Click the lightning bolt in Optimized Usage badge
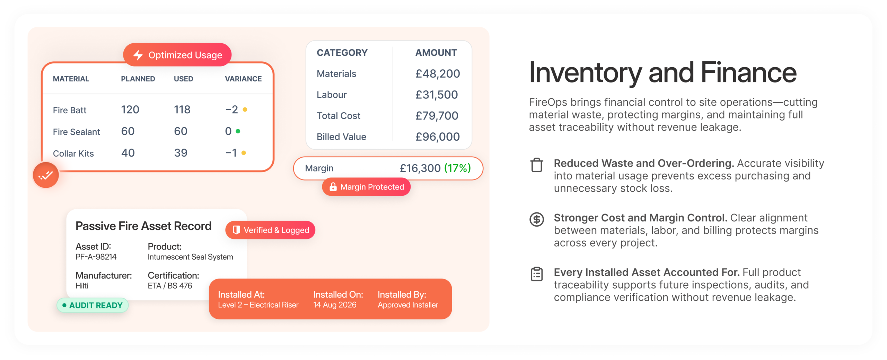coord(138,55)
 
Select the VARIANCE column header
coord(243,79)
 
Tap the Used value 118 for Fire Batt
coord(182,109)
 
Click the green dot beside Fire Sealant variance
coord(238,131)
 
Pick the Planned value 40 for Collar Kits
coord(128,153)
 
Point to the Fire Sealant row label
coord(76,132)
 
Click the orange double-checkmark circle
coord(46,175)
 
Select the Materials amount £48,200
coord(438,74)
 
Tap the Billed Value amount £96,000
coord(438,137)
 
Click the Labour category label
coord(332,95)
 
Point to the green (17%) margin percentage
coord(457,168)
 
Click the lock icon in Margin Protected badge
coord(333,187)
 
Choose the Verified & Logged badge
coord(270,230)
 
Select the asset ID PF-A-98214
coord(96,257)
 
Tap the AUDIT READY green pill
coord(93,305)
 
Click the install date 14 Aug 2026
coord(335,305)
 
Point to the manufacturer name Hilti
coord(82,286)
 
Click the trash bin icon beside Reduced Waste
coord(537,165)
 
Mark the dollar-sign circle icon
coord(537,219)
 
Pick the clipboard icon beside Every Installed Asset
coord(537,274)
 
